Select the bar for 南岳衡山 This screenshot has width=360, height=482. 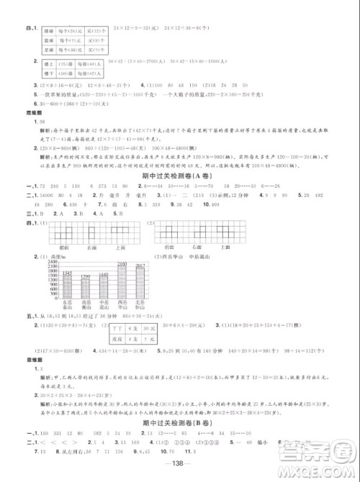click(84, 285)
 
